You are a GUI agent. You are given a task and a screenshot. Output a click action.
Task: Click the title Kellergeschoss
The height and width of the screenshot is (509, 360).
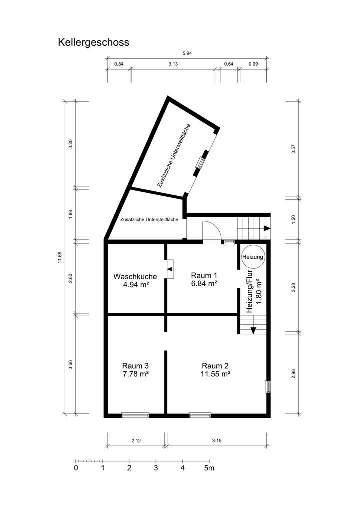tap(93, 42)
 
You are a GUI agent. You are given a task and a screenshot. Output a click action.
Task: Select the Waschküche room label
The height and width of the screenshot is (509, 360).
tap(135, 276)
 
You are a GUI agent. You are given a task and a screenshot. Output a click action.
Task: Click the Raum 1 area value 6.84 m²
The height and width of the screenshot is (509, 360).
tap(204, 284)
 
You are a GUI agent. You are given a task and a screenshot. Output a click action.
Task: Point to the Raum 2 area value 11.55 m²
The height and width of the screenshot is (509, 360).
tap(215, 373)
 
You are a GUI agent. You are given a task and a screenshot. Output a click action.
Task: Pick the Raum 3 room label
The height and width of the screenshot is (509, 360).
tap(135, 365)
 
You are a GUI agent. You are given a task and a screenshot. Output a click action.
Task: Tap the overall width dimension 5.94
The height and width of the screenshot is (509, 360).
tap(187, 54)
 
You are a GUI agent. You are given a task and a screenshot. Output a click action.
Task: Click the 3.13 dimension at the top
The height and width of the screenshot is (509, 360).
tap(173, 64)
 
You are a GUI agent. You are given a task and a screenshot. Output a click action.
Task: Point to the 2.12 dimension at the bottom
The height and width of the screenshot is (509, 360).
tap(136, 441)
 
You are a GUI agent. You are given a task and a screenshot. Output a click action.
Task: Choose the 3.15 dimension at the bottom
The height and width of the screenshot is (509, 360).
tap(216, 441)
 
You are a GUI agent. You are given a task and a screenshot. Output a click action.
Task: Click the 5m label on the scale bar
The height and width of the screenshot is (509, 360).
tap(209, 468)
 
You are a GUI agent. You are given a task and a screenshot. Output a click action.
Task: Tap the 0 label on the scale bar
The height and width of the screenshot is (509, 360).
tap(76, 468)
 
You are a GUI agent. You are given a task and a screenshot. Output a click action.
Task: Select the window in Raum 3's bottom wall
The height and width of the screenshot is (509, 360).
tap(135, 414)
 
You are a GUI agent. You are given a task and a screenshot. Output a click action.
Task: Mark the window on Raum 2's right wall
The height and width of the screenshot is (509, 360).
tap(268, 386)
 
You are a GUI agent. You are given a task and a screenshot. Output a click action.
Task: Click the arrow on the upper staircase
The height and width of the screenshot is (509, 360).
tap(266, 228)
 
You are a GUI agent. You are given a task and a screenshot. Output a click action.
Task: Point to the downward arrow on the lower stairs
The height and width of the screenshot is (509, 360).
tap(253, 330)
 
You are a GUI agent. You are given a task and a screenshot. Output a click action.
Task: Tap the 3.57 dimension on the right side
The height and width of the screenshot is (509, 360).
tap(293, 148)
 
